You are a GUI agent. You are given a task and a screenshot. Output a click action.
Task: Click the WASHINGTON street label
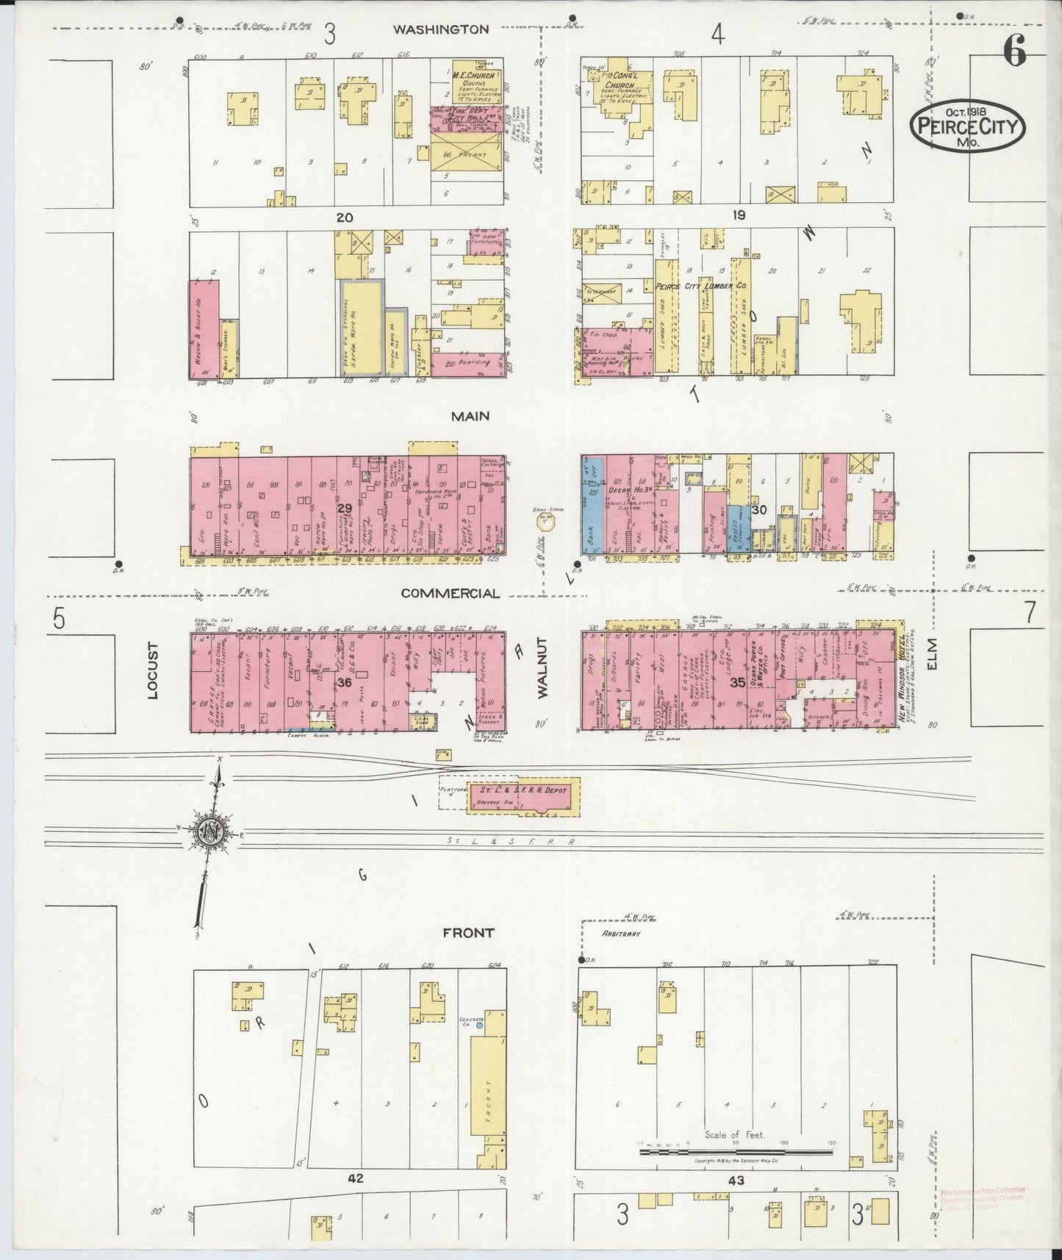[x=440, y=29]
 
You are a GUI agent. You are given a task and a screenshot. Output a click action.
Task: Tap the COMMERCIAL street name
[x=450, y=593]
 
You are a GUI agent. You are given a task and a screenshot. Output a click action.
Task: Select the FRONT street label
[x=468, y=932]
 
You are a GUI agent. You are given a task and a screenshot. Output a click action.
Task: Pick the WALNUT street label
[x=544, y=674]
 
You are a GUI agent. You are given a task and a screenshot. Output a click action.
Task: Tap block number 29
[x=345, y=508]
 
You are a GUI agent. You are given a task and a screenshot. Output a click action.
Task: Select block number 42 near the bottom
[x=356, y=1178]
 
